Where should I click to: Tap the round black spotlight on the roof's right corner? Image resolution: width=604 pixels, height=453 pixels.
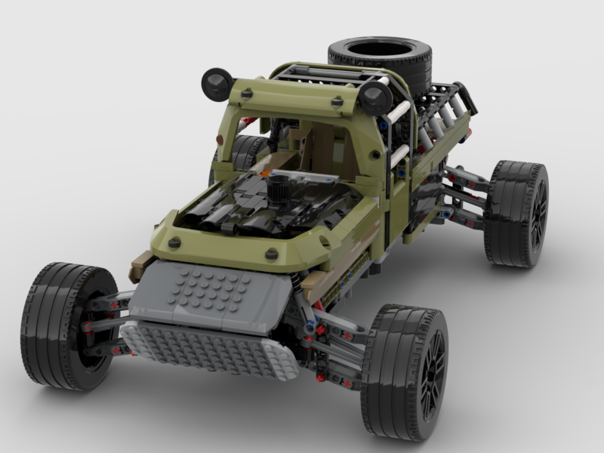tap(375, 97)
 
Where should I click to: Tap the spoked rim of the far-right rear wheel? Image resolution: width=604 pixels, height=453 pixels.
tap(538, 215)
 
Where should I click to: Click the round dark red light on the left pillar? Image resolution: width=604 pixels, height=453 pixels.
tap(220, 140)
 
